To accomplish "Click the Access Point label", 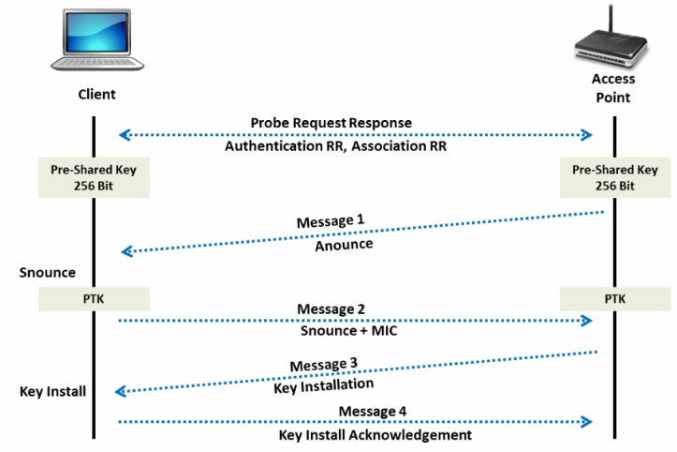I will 614,89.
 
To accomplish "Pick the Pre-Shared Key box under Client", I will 94,177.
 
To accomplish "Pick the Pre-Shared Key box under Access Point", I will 614,177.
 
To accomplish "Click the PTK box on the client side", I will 94,299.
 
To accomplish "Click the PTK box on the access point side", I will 614,299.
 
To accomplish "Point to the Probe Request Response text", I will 331,123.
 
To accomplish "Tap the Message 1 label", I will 329,222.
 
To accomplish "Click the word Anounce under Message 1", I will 344,245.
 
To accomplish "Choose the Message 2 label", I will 330,309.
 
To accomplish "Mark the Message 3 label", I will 322,364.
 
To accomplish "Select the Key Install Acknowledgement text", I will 375,435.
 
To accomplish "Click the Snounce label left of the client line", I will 47,272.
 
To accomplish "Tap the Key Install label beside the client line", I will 53,391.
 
